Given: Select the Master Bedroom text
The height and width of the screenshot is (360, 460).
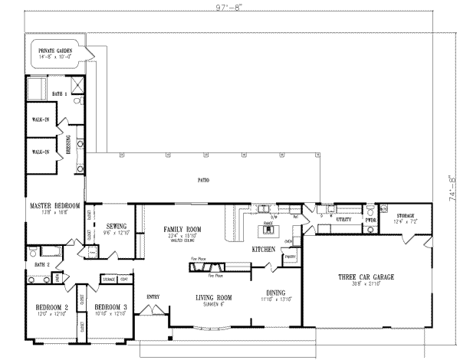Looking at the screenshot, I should [x=55, y=207].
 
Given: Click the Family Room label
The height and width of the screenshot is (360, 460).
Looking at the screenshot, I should [x=182, y=229].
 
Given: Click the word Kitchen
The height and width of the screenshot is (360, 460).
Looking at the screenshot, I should [x=264, y=250].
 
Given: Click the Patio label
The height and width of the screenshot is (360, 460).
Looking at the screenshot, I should [x=204, y=181].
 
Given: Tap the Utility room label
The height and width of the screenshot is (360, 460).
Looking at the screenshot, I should [x=344, y=219].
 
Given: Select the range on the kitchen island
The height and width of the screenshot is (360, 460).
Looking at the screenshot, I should [x=268, y=228].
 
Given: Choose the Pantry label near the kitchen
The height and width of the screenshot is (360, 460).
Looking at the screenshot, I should [x=290, y=257].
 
